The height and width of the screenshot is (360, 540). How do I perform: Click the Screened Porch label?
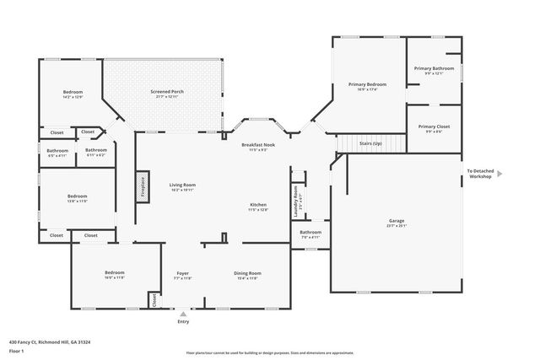pos(167,92)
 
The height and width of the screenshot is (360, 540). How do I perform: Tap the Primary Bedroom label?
pos(368,85)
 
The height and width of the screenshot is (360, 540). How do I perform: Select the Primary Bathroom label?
pos(434,68)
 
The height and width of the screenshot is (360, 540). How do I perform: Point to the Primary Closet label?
pos(434,127)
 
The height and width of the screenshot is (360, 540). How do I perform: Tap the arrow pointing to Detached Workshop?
pos(499,174)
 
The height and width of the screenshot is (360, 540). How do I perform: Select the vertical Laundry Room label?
pos(296,202)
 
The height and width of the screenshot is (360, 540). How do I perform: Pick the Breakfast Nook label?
pos(257,145)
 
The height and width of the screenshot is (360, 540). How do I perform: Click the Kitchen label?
pos(257,206)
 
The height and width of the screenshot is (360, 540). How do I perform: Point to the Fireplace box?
pos(142,187)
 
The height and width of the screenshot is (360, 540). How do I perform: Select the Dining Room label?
pos(247,273)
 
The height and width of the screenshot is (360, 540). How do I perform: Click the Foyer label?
pos(182,273)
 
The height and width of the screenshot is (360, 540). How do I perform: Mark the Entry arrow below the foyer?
pos(183,313)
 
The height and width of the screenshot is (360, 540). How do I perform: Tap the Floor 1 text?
pos(16,350)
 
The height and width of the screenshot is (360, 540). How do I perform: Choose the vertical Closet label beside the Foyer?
pos(154,299)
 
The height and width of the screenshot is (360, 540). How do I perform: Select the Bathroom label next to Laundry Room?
pos(310,233)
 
